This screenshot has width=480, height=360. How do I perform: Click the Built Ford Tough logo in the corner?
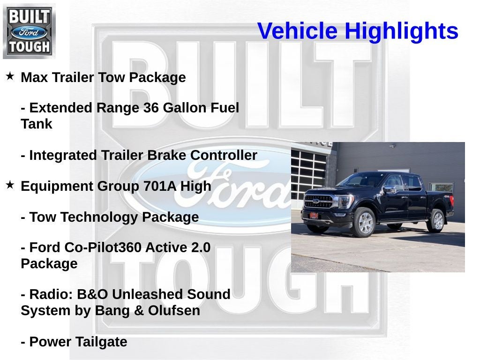pyautogui.click(x=29, y=31)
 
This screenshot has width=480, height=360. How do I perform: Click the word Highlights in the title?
pyautogui.click(x=401, y=31)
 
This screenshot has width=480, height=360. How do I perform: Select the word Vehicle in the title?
pyautogui.click(x=297, y=31)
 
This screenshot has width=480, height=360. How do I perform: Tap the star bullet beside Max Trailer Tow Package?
pyautogui.click(x=10, y=76)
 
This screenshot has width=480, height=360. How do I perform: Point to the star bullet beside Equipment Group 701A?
pyautogui.click(x=10, y=185)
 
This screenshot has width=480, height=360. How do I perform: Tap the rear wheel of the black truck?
pyautogui.click(x=436, y=220)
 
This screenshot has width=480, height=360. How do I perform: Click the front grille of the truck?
pyautogui.click(x=319, y=202)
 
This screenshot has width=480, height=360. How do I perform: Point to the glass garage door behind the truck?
pyautogui.click(x=308, y=173)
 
